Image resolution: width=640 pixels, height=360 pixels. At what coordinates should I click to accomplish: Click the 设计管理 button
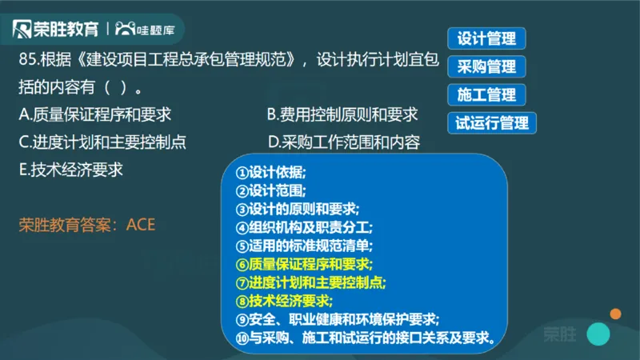coord(486,38)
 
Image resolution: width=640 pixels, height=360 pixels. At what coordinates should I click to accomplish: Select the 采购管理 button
coord(486,66)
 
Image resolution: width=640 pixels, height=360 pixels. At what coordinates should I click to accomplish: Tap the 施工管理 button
coord(486,94)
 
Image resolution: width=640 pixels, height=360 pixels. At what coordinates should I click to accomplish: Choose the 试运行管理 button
coord(492,123)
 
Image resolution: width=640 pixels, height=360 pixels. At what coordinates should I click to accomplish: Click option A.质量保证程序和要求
coord(95,115)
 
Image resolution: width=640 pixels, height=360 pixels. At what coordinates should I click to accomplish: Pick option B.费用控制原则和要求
coord(342,115)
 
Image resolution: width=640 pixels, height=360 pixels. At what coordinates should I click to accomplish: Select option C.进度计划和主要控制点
coord(102,142)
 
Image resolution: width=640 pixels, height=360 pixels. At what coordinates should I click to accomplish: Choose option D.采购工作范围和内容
coord(345,143)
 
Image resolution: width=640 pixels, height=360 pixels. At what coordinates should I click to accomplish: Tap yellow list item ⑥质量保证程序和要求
coord(304,263)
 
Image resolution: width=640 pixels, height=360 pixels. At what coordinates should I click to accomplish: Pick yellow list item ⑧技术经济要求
coord(284,300)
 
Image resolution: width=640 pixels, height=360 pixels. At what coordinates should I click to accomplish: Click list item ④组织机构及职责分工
coord(304,227)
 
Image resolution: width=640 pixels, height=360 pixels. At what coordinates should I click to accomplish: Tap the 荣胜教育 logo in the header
coord(56,30)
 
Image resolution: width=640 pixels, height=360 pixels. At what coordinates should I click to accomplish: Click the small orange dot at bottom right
coord(615,314)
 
